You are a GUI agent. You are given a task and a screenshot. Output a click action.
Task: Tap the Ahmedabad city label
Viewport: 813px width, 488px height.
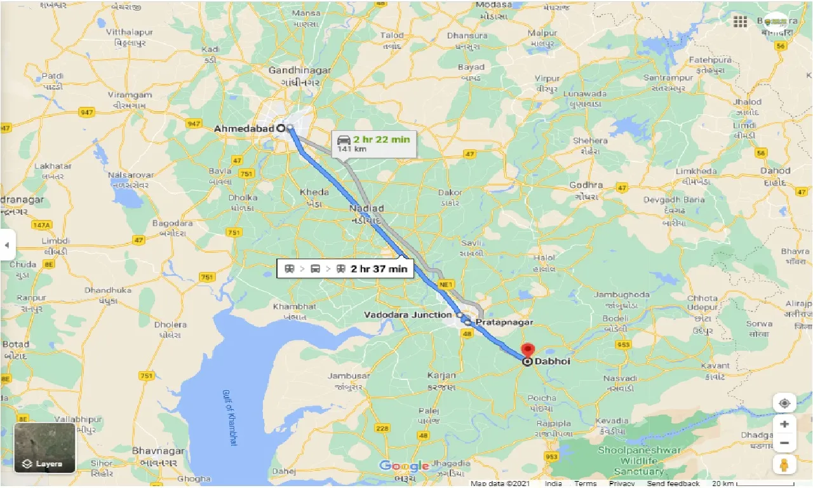[x=244, y=128]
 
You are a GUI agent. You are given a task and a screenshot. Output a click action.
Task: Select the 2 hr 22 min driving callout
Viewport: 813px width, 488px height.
[x=373, y=144]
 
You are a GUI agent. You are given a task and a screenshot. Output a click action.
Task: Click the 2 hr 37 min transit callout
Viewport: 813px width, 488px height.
[x=346, y=268]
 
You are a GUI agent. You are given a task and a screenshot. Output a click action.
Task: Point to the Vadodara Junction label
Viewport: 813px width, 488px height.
[x=408, y=315]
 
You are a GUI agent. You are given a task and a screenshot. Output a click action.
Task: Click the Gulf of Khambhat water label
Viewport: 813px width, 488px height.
[x=229, y=416]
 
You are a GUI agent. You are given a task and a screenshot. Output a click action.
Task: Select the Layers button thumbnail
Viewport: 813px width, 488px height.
[x=45, y=448]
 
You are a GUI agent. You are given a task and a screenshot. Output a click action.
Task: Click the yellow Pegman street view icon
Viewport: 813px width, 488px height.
[x=784, y=464]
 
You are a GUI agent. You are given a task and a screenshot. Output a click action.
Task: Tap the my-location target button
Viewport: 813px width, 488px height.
[x=784, y=403]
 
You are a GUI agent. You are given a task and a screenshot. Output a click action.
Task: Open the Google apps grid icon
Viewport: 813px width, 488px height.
[x=740, y=22]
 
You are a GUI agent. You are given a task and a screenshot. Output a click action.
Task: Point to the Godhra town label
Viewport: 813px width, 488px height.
[x=586, y=186]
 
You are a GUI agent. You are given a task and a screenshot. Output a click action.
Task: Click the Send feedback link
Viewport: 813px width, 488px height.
[x=673, y=484]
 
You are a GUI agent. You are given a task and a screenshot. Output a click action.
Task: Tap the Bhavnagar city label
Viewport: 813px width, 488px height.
[x=158, y=451]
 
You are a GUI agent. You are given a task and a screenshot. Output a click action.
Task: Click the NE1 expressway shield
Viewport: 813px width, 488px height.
[x=445, y=285]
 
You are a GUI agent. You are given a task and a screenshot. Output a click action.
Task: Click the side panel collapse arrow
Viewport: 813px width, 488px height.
[x=8, y=245]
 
